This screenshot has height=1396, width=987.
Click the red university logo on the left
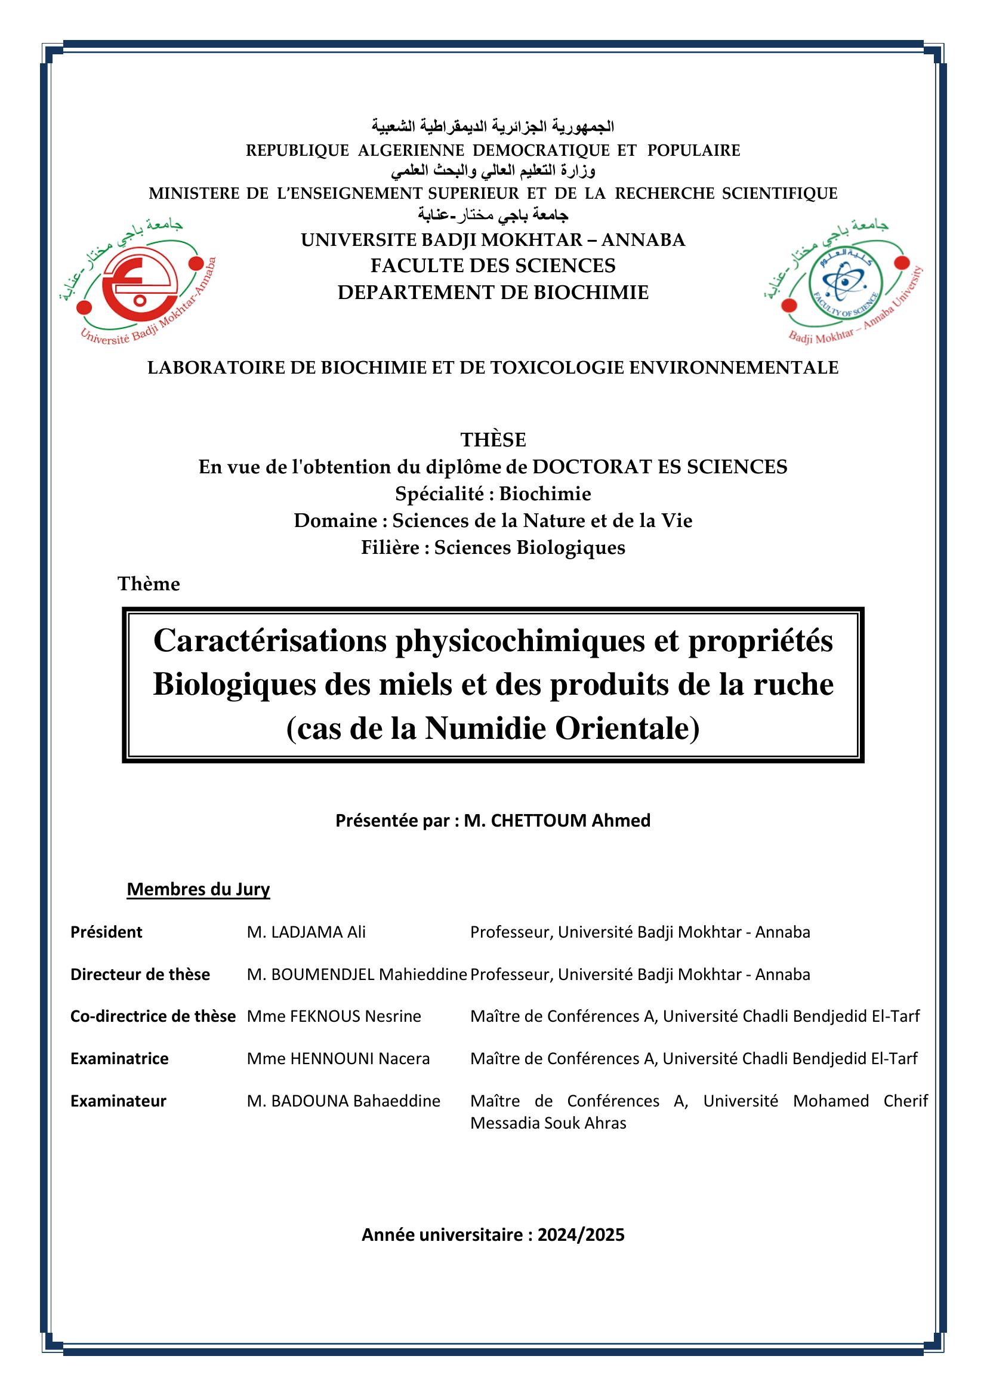tap(132, 285)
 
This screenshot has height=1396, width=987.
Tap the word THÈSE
tap(493, 440)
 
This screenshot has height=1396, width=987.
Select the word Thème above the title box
tap(149, 584)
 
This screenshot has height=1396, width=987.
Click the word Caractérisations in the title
tap(270, 641)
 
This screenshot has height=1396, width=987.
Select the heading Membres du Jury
tap(198, 889)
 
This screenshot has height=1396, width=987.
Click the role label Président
tap(106, 932)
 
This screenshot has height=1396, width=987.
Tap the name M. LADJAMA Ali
tap(306, 932)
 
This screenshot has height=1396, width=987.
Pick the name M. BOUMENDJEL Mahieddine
tap(357, 975)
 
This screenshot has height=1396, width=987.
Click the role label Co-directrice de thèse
tap(153, 1016)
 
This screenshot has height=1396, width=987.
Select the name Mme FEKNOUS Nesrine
tap(334, 1016)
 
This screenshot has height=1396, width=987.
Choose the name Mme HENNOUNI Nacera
tap(338, 1059)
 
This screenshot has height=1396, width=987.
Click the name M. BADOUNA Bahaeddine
tap(343, 1101)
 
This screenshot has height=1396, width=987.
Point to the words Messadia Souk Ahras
tap(548, 1123)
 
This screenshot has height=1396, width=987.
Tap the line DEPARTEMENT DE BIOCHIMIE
tap(493, 293)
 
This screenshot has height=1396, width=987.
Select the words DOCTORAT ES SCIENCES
tap(659, 467)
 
